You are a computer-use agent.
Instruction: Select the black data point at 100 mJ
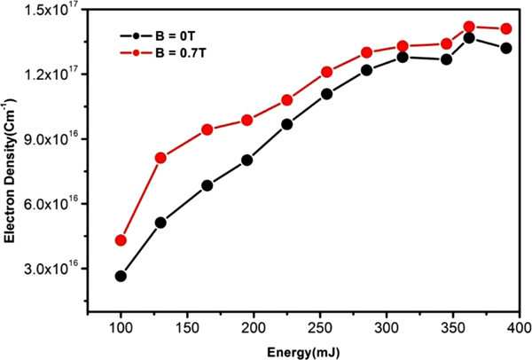[x=121, y=276]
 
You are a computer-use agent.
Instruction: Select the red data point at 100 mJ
[x=121, y=240]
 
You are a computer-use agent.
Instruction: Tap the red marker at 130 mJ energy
[x=160, y=158]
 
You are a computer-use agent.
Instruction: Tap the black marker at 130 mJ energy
[x=160, y=223]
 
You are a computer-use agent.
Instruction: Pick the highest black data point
[x=469, y=37]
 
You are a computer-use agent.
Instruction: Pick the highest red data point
[x=469, y=27]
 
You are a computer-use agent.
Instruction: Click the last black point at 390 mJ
[x=506, y=48]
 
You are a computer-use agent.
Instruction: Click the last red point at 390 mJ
[x=506, y=28]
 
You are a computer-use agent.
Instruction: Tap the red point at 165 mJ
[x=207, y=129]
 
